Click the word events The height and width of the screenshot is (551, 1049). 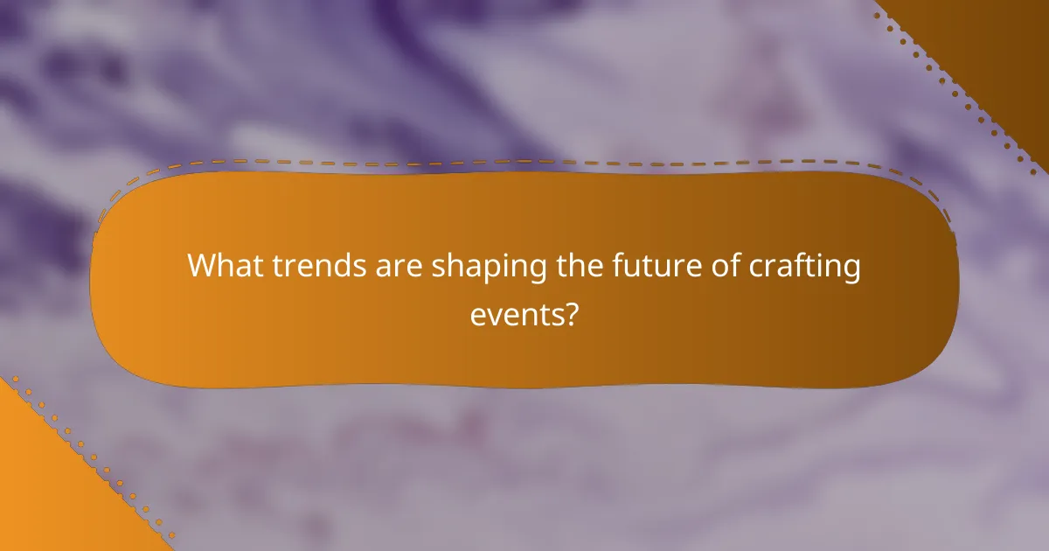[x=517, y=313]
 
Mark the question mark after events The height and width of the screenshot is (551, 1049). [x=571, y=313]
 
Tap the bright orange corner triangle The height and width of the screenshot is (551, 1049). [x=44, y=490]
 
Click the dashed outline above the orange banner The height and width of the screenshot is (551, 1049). [x=524, y=162]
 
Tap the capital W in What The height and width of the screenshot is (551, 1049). [x=202, y=266]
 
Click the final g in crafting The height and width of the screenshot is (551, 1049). [x=851, y=269]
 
